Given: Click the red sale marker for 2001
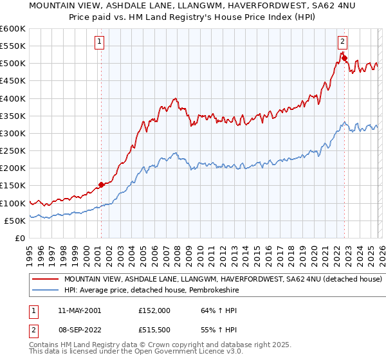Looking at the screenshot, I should click(x=101, y=185).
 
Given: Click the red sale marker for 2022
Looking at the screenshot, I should click(x=344, y=59).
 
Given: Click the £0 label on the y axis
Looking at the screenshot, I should click(x=19, y=238).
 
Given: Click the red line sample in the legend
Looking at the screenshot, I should click(x=46, y=280).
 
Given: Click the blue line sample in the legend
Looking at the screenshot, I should click(x=46, y=291).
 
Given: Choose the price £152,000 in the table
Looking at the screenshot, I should click(x=154, y=310).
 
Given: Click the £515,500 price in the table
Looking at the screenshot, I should click(x=154, y=329).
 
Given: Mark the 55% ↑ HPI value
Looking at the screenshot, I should click(x=213, y=329).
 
